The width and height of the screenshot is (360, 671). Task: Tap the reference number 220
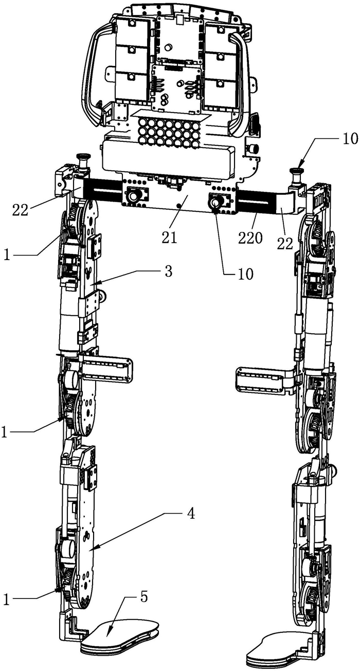point(250,238)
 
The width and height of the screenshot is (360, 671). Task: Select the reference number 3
point(168,271)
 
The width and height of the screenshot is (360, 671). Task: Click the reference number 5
point(144,597)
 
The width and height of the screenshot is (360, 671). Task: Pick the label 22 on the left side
point(20,210)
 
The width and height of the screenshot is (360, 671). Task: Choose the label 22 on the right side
point(284,244)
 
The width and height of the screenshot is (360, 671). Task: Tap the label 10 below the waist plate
point(245,274)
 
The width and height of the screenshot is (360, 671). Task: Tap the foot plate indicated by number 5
point(120,634)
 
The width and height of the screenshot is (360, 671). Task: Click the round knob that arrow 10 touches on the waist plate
point(214,204)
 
